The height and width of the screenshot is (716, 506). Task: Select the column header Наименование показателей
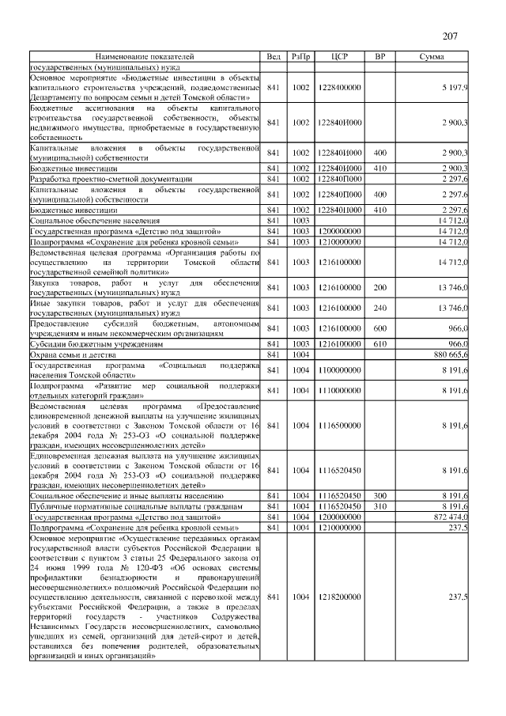click(x=145, y=57)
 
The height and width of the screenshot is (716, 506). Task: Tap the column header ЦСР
click(x=341, y=57)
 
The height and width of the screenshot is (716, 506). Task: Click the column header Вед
click(x=274, y=57)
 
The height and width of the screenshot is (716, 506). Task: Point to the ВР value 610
click(x=379, y=345)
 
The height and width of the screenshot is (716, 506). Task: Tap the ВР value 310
click(x=379, y=505)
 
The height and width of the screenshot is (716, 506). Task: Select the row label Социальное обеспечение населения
click(x=95, y=220)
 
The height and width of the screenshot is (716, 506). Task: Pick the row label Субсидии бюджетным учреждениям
click(x=96, y=345)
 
